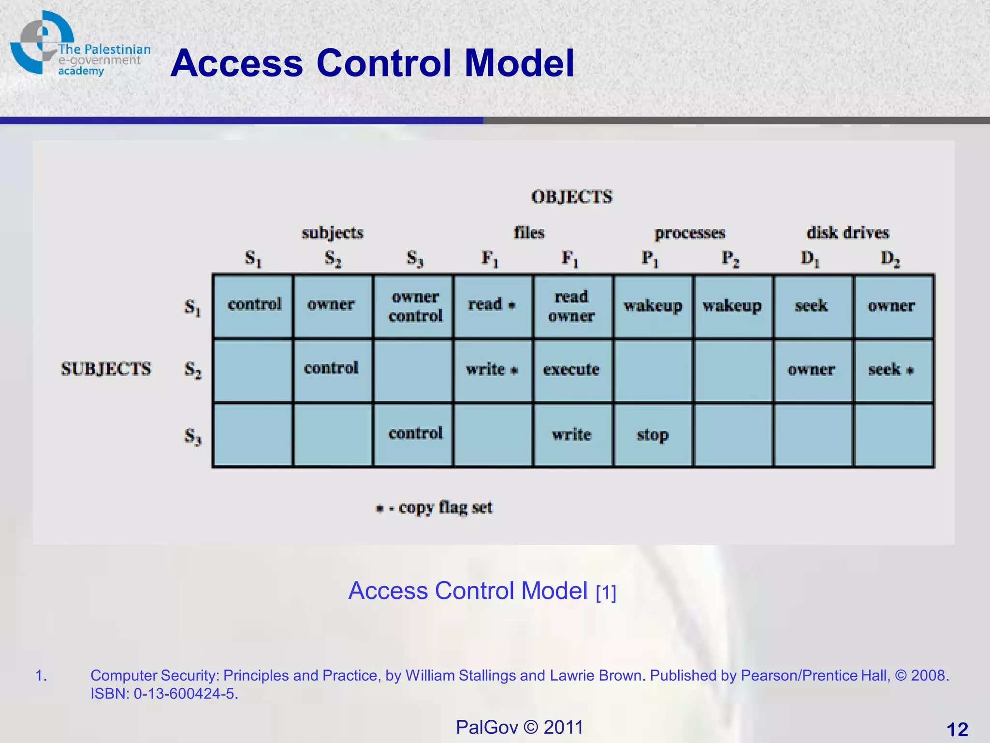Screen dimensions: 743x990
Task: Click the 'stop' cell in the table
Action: pos(653,435)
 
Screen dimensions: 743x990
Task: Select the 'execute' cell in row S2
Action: pos(571,370)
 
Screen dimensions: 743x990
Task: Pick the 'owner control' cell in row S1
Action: pos(415,306)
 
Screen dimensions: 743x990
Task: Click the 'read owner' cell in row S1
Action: pos(571,306)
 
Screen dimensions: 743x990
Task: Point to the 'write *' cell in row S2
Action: pos(492,370)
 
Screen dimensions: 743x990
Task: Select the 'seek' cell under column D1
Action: pos(812,306)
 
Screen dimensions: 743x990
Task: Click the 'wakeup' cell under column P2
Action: pos(732,306)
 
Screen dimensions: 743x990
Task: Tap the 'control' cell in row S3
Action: pos(415,433)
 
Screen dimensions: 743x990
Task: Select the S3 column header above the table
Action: pos(415,259)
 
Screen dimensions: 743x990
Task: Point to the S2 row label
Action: pos(193,371)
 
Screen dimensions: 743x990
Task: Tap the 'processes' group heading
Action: pos(690,234)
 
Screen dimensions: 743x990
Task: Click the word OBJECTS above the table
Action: pos(572,197)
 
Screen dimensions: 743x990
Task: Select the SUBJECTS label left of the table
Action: pos(106,369)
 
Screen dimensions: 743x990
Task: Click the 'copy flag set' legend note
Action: pos(435,508)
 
